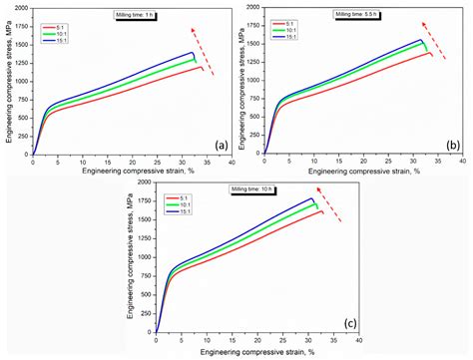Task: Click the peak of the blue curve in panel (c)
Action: click(x=312, y=198)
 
